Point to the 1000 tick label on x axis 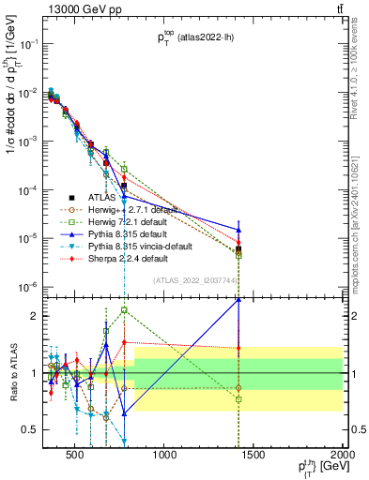164,456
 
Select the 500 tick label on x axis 74,456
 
